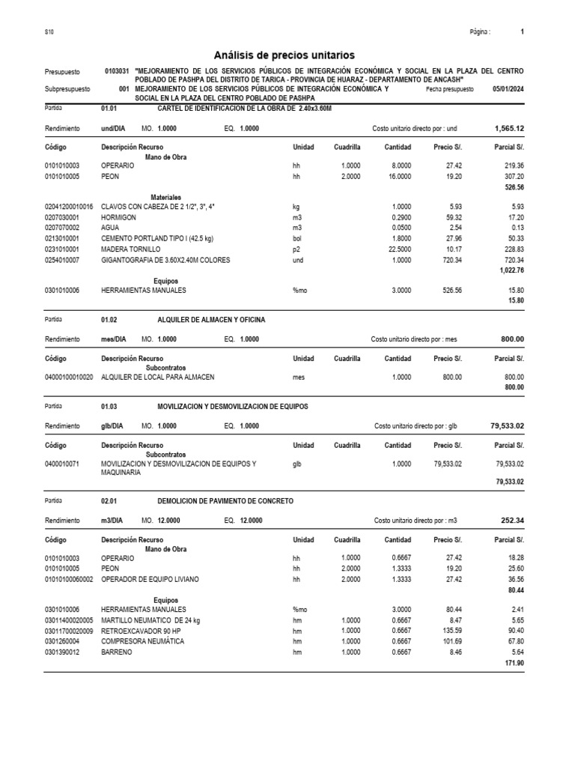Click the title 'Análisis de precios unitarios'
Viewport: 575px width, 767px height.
[x=285, y=55]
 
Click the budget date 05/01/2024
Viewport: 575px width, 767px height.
[x=508, y=88]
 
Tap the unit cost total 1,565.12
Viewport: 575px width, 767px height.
[x=509, y=129]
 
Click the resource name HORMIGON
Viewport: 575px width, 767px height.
[x=118, y=216]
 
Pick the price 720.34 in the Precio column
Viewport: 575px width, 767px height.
[x=448, y=260]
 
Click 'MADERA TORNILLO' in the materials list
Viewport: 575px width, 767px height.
[x=131, y=249]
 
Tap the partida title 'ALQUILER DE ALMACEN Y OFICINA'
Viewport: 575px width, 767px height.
[x=211, y=320]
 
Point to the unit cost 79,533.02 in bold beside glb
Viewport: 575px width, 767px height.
[x=507, y=425]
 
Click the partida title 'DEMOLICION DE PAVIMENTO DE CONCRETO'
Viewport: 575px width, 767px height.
[x=225, y=500]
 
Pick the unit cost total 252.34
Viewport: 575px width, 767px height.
[x=511, y=520]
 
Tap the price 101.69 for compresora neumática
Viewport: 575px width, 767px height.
[x=448, y=641]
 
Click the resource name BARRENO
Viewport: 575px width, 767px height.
[x=116, y=652]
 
